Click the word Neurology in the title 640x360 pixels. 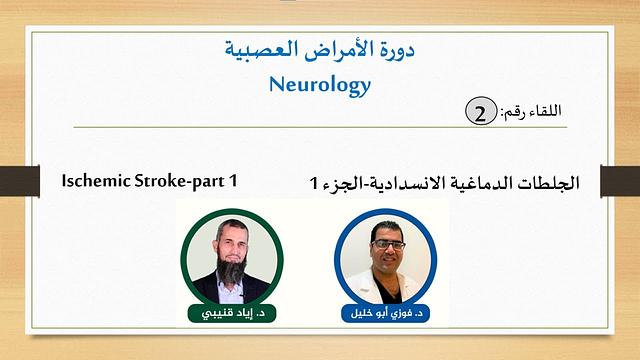click(320, 85)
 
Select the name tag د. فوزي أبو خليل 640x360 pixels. click(384, 314)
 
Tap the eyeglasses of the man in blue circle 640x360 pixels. click(387, 244)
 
